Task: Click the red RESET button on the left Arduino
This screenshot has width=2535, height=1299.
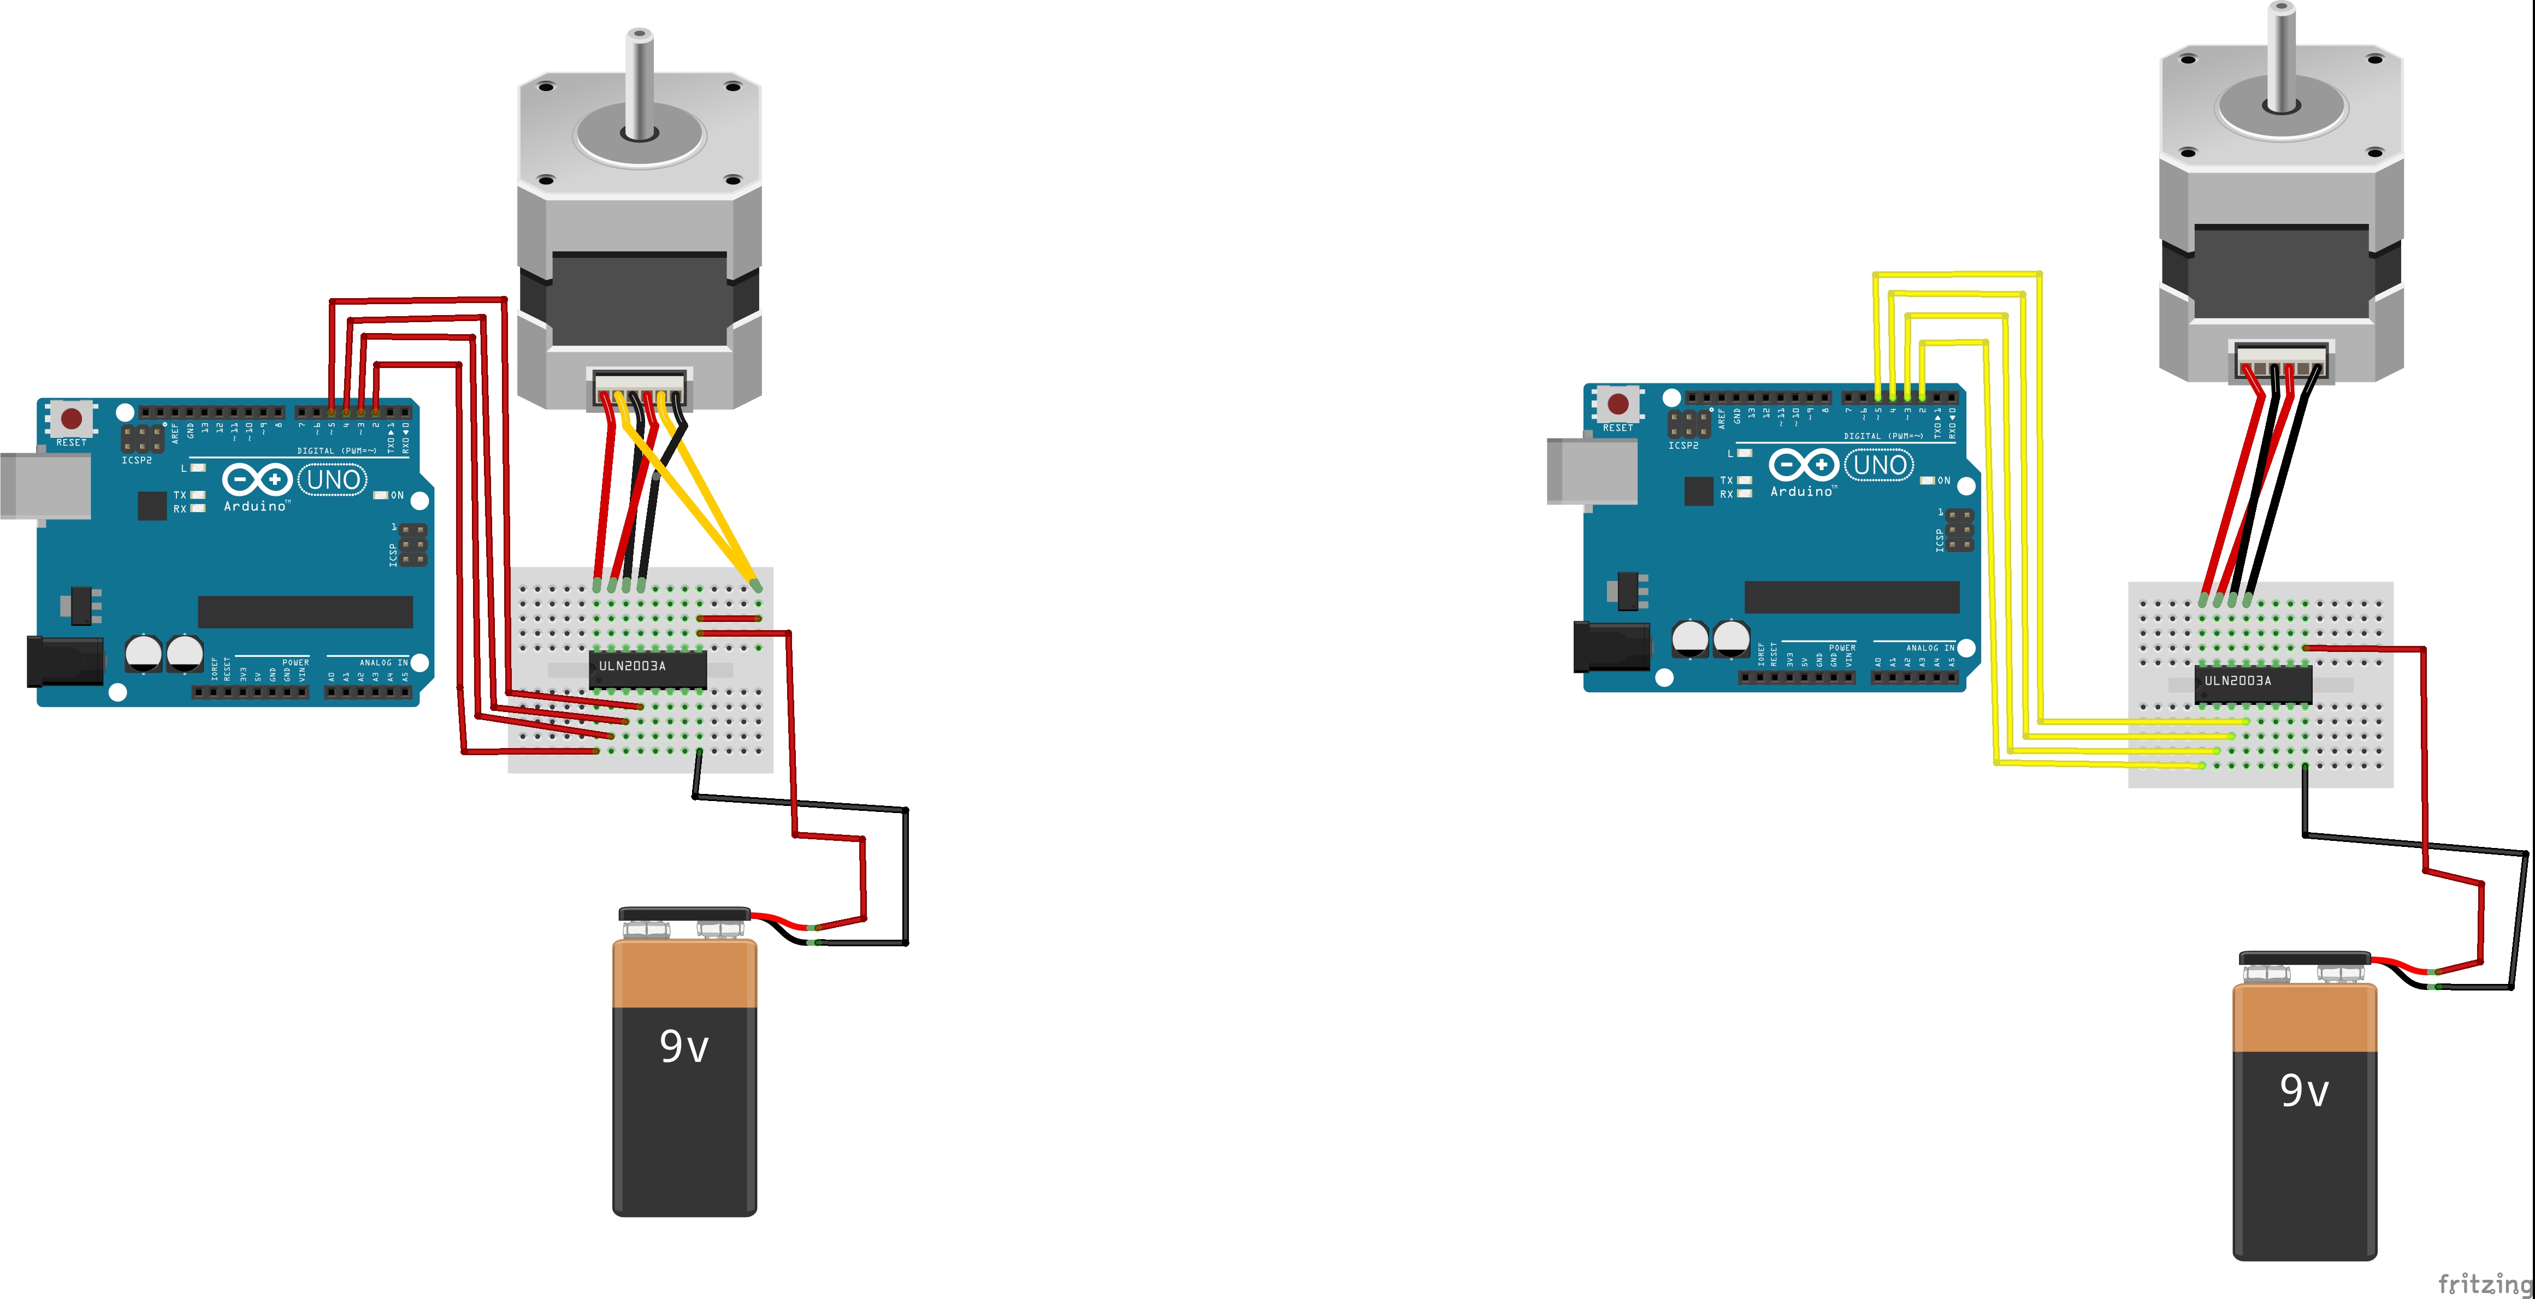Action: (71, 419)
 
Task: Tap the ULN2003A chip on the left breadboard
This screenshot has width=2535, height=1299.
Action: (647, 668)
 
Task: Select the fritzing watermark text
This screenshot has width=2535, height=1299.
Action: (2484, 1283)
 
